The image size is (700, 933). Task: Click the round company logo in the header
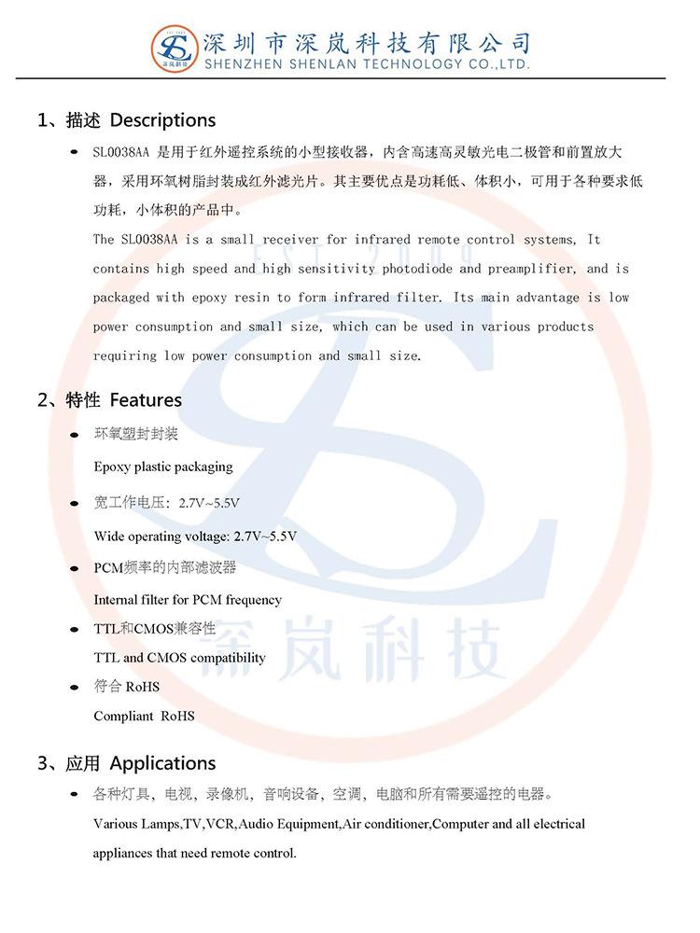(175, 49)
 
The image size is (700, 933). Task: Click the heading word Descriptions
(162, 120)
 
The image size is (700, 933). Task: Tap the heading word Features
(146, 400)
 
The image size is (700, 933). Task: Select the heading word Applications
(162, 763)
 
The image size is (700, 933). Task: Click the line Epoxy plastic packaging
(163, 466)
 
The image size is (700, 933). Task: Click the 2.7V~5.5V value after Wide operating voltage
(265, 536)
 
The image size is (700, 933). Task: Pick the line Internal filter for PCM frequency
(188, 600)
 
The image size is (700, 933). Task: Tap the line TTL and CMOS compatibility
(179, 658)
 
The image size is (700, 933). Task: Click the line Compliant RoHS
(144, 717)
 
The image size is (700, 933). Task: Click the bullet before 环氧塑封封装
(75, 436)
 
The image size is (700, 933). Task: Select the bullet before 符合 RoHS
(75, 688)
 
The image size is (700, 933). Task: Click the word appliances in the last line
(126, 853)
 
